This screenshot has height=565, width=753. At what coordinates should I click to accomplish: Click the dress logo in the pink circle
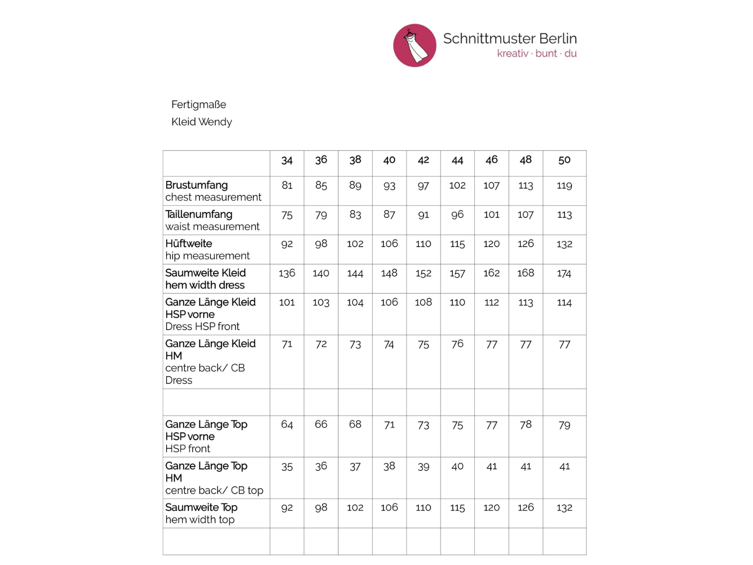[415, 46]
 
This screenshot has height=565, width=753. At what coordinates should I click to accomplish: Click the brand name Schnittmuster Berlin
[510, 39]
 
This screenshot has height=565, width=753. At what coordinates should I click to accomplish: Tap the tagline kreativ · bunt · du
[537, 54]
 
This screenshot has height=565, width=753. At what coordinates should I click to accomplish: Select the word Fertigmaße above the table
[199, 105]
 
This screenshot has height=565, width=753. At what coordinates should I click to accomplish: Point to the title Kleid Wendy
[201, 122]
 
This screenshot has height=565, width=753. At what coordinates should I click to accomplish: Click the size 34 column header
[287, 161]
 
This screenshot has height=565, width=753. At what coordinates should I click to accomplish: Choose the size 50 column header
[564, 160]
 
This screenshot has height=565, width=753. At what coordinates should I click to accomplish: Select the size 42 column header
[423, 160]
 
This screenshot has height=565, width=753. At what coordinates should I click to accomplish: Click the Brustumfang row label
[197, 185]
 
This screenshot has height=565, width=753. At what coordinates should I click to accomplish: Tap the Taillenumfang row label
[199, 214]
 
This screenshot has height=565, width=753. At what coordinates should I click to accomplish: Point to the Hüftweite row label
[189, 243]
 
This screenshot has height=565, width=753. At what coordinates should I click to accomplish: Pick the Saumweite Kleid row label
[206, 273]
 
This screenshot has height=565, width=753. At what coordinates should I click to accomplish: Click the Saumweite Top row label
[201, 508]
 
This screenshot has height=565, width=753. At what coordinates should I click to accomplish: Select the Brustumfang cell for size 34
[287, 186]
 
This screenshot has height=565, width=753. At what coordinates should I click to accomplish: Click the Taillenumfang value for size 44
[457, 215]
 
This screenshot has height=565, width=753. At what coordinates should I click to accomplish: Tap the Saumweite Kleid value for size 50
[564, 274]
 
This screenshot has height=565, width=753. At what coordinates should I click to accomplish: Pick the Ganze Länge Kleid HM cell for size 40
[389, 345]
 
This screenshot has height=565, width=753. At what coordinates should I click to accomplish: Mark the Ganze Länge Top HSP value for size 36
[321, 425]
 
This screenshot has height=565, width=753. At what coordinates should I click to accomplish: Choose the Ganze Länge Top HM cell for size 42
[423, 467]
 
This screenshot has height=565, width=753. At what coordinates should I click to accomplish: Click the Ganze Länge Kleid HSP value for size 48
[526, 303]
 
